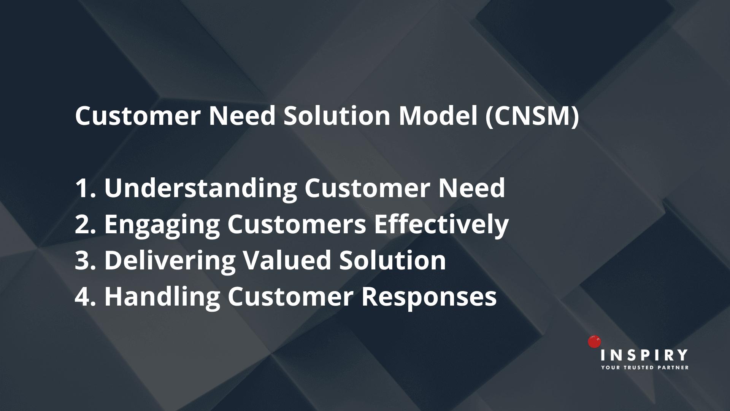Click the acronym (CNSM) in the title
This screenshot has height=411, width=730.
[532, 116]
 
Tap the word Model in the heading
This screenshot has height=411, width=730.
[438, 116]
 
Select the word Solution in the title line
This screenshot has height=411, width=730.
[337, 116]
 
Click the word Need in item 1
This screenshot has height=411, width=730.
[471, 188]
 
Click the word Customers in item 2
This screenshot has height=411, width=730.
[297, 224]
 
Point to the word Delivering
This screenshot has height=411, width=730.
[170, 261]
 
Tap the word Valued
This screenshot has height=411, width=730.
[287, 260]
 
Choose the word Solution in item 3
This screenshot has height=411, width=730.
[392, 260]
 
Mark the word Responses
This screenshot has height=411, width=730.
[429, 297]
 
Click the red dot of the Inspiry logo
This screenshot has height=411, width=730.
[594, 342]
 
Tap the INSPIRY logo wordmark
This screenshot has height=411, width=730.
[644, 355]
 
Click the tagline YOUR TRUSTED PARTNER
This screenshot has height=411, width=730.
[644, 368]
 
